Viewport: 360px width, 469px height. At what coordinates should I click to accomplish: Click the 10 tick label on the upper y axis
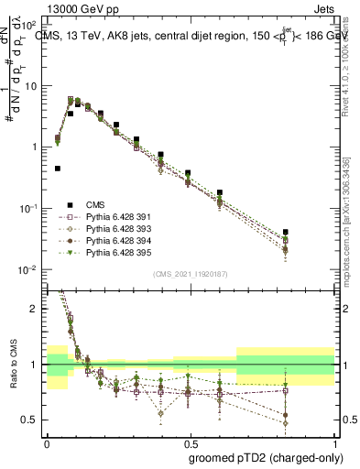click(33, 85)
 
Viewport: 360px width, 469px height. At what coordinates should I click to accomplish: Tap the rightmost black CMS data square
click(311, 233)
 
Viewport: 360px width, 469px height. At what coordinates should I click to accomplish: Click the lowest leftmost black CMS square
click(58, 169)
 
